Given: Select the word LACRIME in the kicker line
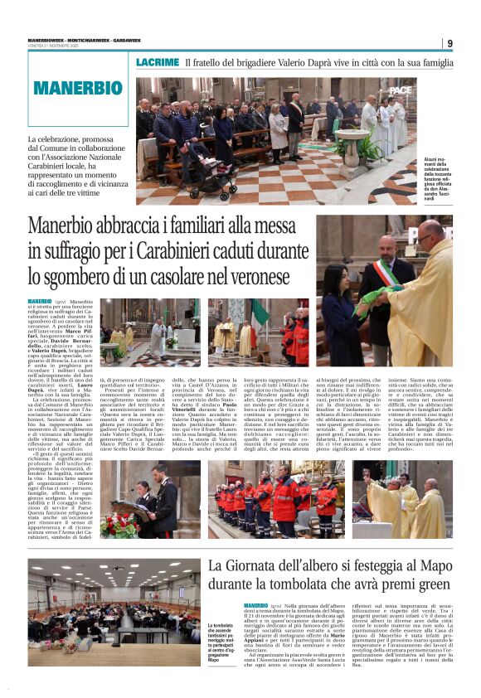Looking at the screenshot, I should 158,63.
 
